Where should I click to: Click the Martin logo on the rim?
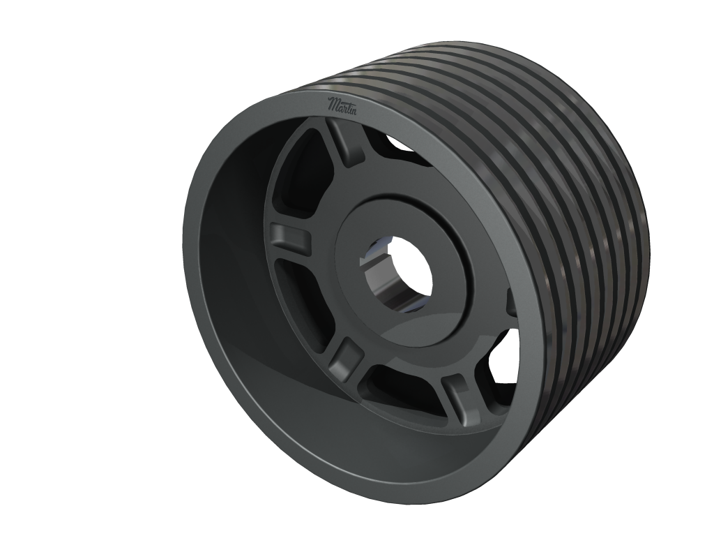[343, 107]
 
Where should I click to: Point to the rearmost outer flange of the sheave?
[641, 230]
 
